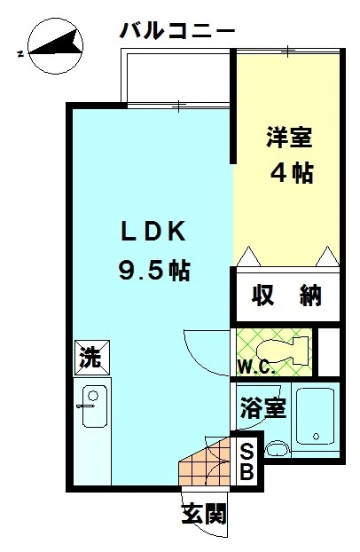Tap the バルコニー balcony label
point(177,31)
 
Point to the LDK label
point(153,232)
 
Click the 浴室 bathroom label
point(262,409)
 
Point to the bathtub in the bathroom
point(314,416)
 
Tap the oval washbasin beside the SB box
point(278,448)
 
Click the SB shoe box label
point(247,459)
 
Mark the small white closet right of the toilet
point(329,351)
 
